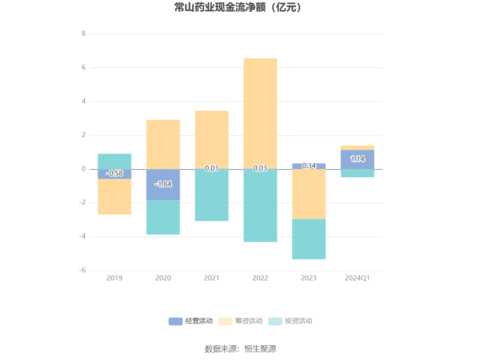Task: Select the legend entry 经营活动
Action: pyautogui.click(x=191, y=321)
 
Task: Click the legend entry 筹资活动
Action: pyautogui.click(x=240, y=321)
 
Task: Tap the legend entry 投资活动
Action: pyautogui.click(x=290, y=321)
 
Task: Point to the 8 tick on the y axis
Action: pyautogui.click(x=84, y=34)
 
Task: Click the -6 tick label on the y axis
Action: pyautogui.click(x=83, y=270)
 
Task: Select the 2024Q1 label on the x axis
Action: pyautogui.click(x=357, y=278)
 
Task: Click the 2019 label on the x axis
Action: pyautogui.click(x=114, y=278)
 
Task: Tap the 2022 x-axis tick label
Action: pyautogui.click(x=260, y=278)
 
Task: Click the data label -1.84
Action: pyautogui.click(x=163, y=184)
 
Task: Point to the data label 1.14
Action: pyautogui.click(x=357, y=159)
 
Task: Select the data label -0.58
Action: pyautogui.click(x=114, y=173)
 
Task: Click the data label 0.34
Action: pyautogui.click(x=309, y=166)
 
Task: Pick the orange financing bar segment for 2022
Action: pyautogui.click(x=260, y=113)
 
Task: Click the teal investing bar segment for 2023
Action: pyautogui.click(x=309, y=239)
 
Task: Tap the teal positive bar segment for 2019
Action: pyautogui.click(x=114, y=161)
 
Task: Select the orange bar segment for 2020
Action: pyautogui.click(x=163, y=144)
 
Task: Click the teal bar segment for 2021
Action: pyautogui.click(x=212, y=195)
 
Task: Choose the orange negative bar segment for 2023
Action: pyautogui.click(x=309, y=194)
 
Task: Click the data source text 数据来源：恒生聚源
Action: pyautogui.click(x=240, y=349)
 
